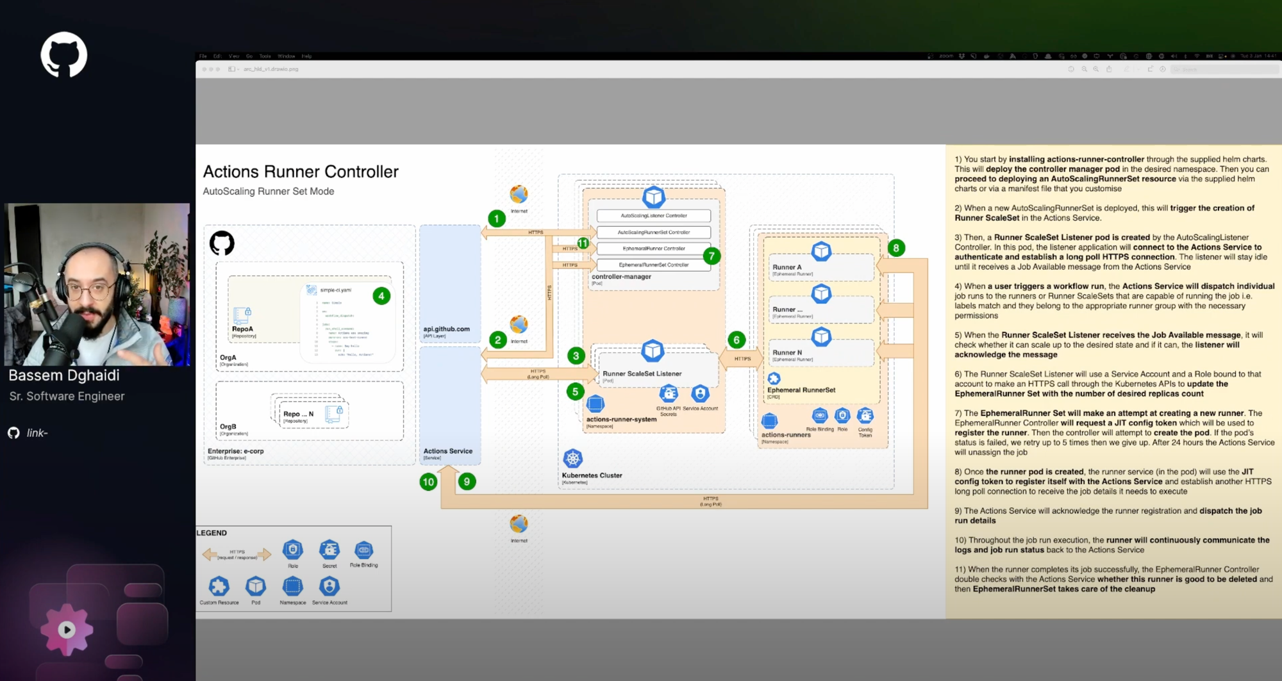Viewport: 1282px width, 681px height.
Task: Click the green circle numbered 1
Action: click(x=496, y=218)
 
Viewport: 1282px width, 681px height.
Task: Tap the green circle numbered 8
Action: click(x=896, y=248)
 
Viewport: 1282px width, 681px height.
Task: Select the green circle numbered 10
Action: click(x=428, y=482)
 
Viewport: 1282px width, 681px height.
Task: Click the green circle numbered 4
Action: click(x=381, y=296)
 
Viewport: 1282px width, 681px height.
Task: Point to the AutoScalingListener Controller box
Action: click(x=653, y=216)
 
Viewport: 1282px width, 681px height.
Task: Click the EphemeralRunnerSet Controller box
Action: click(x=653, y=265)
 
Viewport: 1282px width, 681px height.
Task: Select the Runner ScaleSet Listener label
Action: click(x=642, y=373)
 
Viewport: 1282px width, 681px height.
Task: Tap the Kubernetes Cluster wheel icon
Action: click(x=572, y=458)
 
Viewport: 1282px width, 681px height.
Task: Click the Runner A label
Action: click(x=787, y=267)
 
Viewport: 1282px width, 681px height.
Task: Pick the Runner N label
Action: click(x=787, y=352)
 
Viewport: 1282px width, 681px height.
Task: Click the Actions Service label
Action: click(x=447, y=451)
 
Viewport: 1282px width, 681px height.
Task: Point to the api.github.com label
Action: click(x=446, y=329)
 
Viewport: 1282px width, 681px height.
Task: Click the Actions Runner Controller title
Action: click(x=301, y=172)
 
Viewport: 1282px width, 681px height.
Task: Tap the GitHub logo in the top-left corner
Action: click(x=64, y=55)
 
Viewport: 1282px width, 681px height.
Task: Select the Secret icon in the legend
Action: click(x=329, y=550)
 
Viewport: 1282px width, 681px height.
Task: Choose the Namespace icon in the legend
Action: click(x=293, y=586)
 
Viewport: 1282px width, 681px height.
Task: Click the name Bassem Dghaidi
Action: click(x=64, y=375)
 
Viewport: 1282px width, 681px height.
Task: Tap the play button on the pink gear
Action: click(x=67, y=630)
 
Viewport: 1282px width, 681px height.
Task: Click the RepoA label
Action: click(x=242, y=329)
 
